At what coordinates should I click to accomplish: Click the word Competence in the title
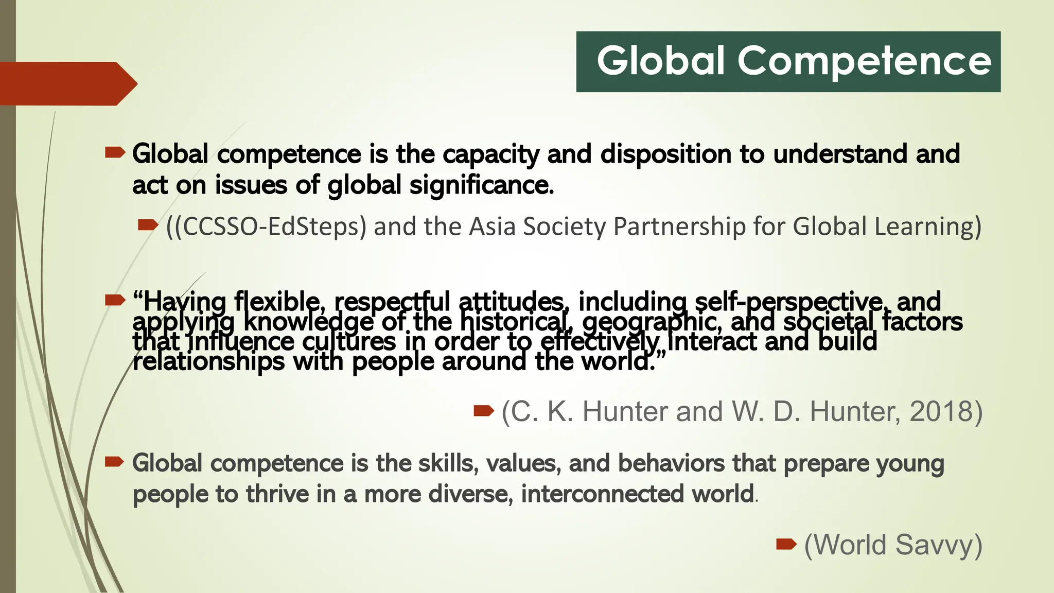tap(865, 61)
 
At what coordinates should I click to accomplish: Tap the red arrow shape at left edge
tap(67, 83)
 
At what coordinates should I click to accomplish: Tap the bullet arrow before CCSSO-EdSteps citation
tap(148, 224)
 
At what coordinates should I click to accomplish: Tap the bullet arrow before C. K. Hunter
tap(483, 410)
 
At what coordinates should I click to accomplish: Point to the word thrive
tap(277, 494)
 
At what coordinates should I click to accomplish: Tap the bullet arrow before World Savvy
tap(786, 544)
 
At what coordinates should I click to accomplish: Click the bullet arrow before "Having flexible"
tap(115, 300)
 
